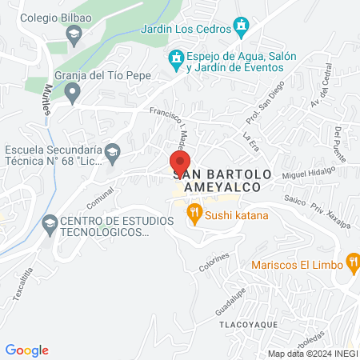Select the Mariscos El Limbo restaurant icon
[353, 262]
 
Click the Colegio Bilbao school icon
[74, 34]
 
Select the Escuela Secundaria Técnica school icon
[114, 151]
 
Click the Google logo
[27, 350]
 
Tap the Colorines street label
[215, 264]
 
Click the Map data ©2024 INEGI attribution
[311, 353]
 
